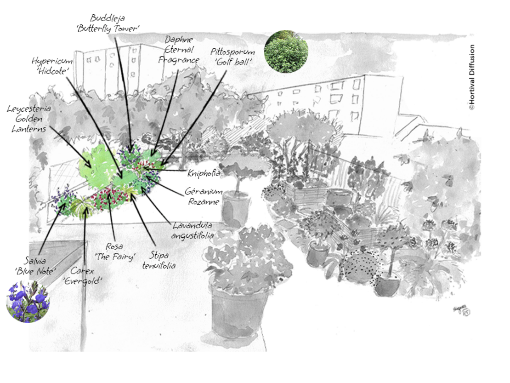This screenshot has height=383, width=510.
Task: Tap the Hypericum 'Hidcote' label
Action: pos(51,66)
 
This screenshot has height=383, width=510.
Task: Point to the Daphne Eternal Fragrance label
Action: pos(179,50)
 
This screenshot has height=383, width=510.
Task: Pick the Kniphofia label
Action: pos(204,173)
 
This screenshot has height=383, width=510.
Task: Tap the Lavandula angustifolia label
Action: pos(193,230)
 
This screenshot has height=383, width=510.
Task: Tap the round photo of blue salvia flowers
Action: pos(28,302)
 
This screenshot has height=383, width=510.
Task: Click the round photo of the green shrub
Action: pos(287,51)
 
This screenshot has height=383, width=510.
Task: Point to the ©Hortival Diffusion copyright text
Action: pos(471,77)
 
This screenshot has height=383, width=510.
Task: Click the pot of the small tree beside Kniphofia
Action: pos(236,209)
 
